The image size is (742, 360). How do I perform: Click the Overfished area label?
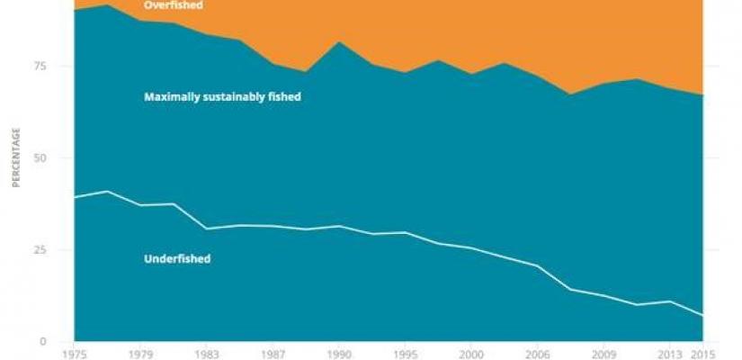(174, 5)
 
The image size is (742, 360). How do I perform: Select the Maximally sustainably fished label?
(222, 97)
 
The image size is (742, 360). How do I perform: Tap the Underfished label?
(177, 259)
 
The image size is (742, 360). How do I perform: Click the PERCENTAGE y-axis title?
(15, 158)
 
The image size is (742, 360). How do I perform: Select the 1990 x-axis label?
(338, 354)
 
